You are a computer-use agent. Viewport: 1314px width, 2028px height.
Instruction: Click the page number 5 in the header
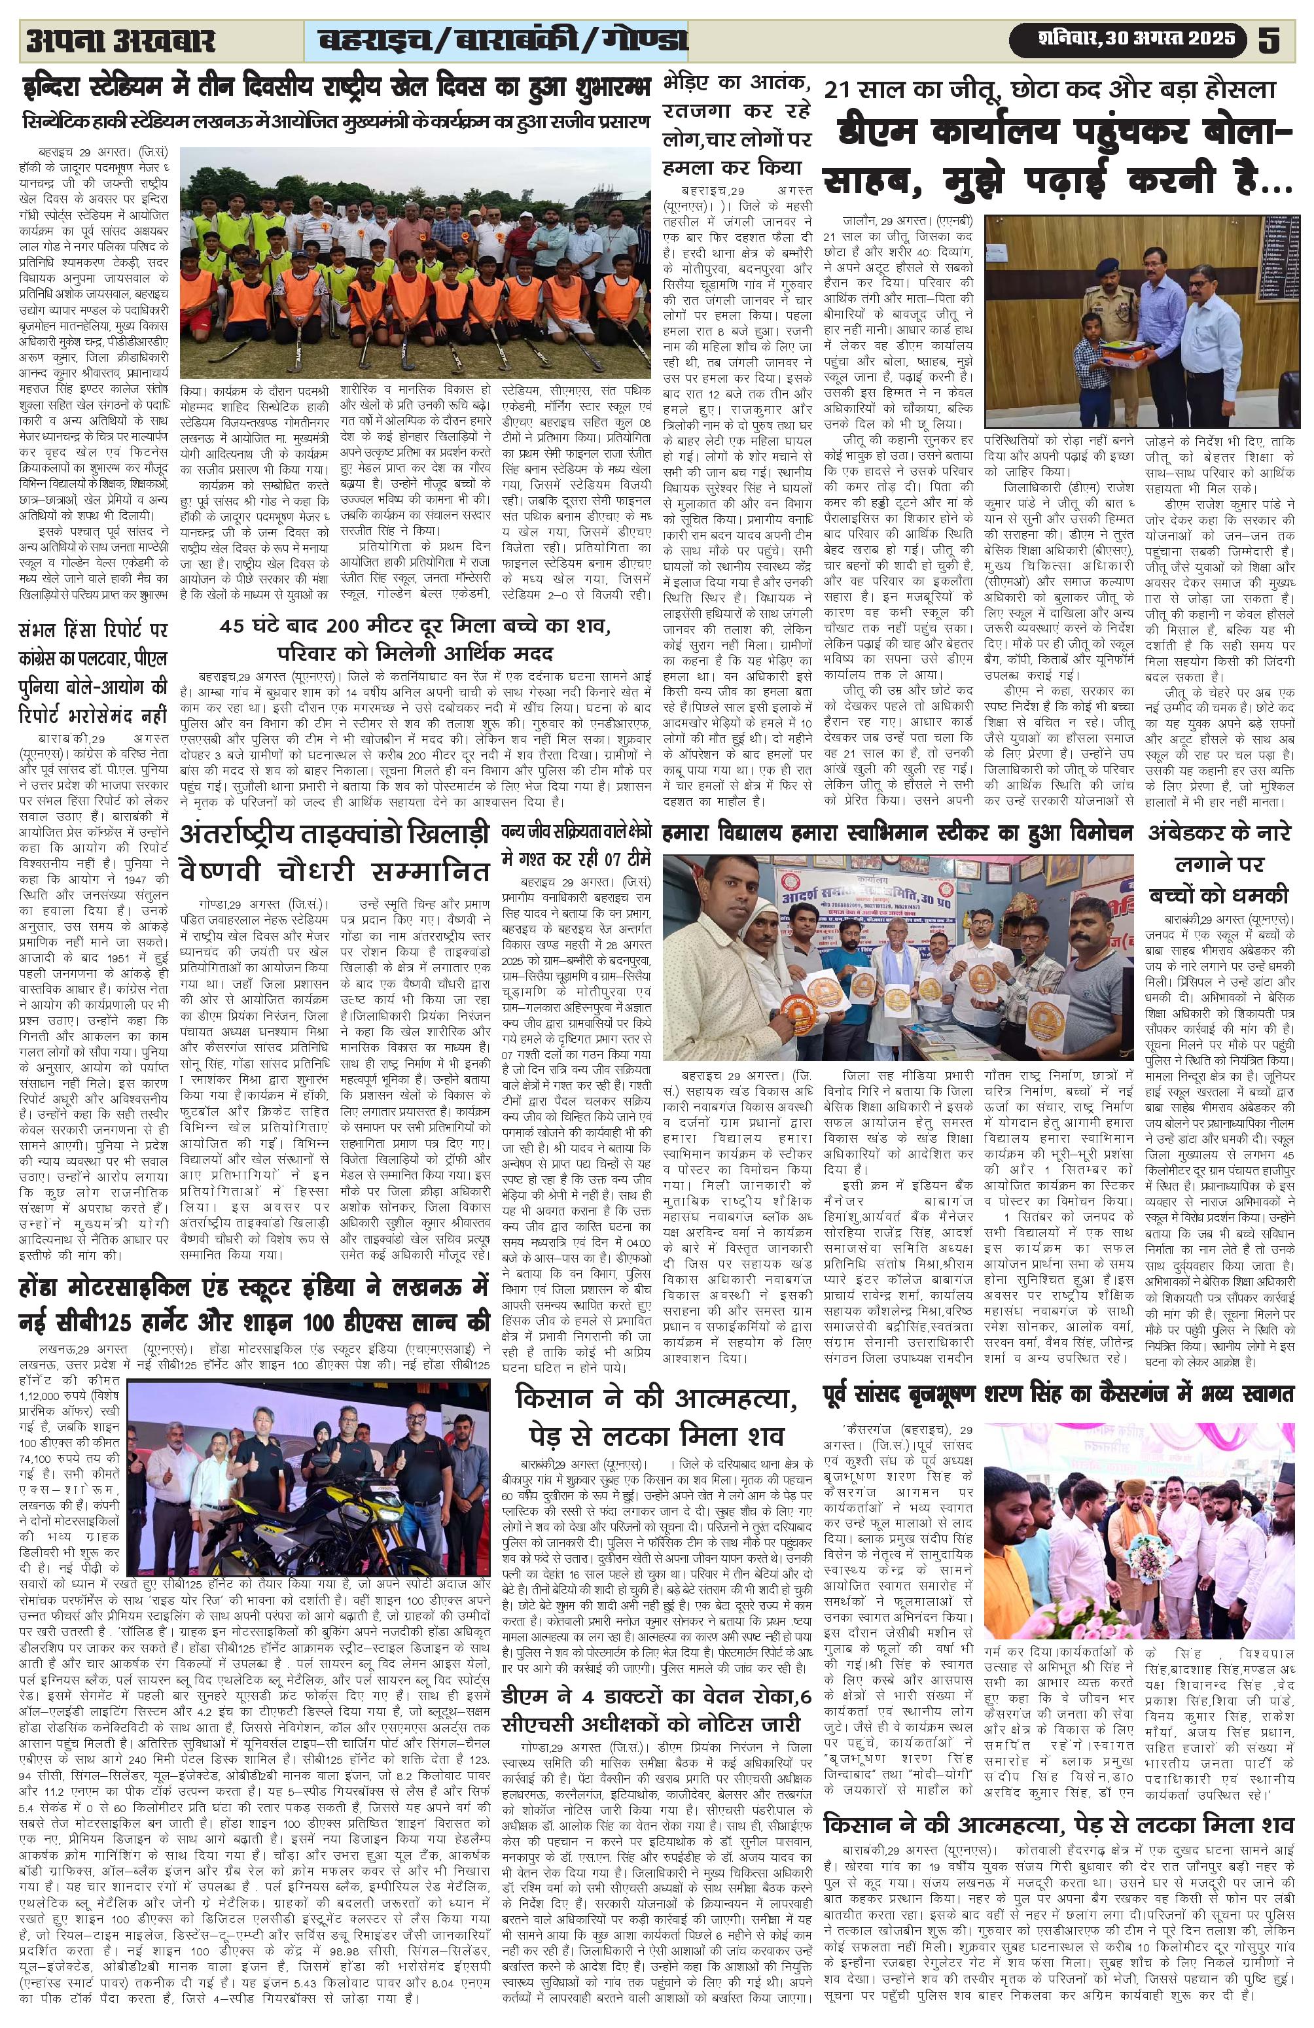coord(1269,40)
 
